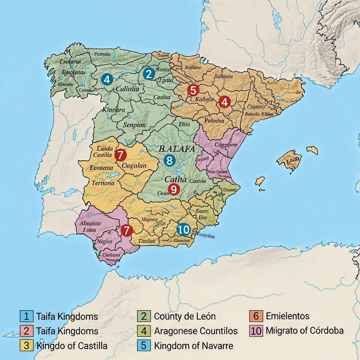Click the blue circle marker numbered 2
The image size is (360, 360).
coord(148,73)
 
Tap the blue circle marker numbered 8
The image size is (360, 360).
coord(169,160)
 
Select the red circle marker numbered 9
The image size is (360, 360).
coord(173,189)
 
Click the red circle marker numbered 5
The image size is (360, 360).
coord(193,90)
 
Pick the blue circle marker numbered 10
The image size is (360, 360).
coord(183,229)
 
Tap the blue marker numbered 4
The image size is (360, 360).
coord(107,79)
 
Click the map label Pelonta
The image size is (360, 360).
coord(214,121)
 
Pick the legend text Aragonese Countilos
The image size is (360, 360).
coord(196,331)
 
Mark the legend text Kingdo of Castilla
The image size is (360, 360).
coord(72,346)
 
